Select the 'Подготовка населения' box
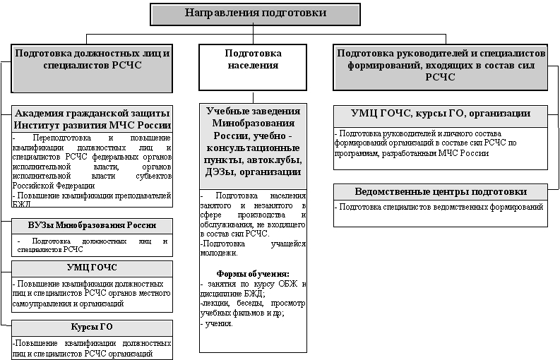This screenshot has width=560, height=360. (253, 59)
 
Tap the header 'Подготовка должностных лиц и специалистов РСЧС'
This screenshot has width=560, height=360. (92, 59)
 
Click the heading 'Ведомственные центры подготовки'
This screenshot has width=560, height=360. (441, 192)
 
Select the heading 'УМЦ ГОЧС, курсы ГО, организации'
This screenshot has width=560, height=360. (441, 114)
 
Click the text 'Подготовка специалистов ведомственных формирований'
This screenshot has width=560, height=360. (441, 208)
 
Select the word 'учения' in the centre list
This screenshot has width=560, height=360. (218, 323)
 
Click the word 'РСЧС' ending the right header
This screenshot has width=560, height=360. (441, 77)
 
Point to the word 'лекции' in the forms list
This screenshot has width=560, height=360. (216, 304)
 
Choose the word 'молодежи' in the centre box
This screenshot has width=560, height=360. (218, 253)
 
